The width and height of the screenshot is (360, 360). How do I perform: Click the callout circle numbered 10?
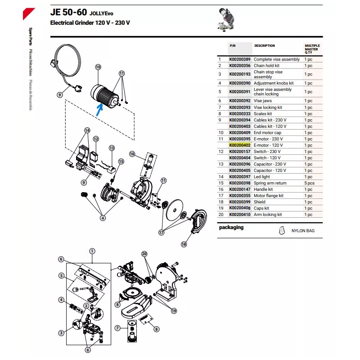click(x=98, y=67)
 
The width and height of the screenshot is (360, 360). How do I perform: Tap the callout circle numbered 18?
click(x=184, y=244)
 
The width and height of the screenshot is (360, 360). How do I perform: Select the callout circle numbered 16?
click(x=132, y=154)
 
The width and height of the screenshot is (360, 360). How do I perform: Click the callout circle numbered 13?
click(x=112, y=148)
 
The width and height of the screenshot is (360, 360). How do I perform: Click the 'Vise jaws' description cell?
click(x=263, y=101)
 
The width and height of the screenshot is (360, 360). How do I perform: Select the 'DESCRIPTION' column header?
click(x=265, y=46)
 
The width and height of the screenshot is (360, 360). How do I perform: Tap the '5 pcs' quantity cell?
click(x=310, y=183)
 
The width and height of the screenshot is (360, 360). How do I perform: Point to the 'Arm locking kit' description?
click(x=268, y=215)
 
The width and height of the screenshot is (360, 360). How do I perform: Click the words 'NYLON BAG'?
click(x=303, y=231)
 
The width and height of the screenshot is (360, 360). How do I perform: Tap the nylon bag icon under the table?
click(x=281, y=230)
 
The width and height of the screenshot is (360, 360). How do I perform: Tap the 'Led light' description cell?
click(x=262, y=177)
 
